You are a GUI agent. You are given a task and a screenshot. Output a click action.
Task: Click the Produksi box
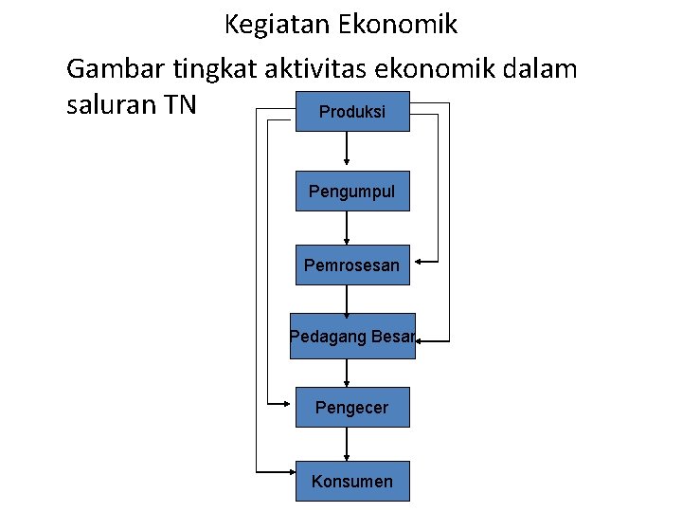[x=352, y=112]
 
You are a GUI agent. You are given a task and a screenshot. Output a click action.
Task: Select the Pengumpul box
[x=351, y=192]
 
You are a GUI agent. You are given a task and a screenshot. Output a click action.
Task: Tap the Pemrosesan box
[x=351, y=265]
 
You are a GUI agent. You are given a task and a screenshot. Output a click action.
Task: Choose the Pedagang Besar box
[x=352, y=336]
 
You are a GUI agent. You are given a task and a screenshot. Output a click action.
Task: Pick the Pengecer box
[x=351, y=408]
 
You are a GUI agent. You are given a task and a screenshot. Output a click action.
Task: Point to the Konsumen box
[x=351, y=482]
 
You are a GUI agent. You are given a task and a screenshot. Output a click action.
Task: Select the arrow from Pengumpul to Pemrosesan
[x=347, y=228]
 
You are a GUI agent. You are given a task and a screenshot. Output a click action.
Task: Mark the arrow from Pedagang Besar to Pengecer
[x=347, y=373]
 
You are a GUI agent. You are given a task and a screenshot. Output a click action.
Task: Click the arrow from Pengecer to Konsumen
[x=347, y=445]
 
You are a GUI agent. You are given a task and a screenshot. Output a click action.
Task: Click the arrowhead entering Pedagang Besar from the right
[x=422, y=339]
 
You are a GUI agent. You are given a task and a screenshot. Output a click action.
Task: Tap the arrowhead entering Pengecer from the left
[x=289, y=403]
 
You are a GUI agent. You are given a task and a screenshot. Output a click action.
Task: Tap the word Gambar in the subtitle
[x=113, y=68]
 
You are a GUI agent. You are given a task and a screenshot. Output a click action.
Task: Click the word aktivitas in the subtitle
[x=351, y=68]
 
